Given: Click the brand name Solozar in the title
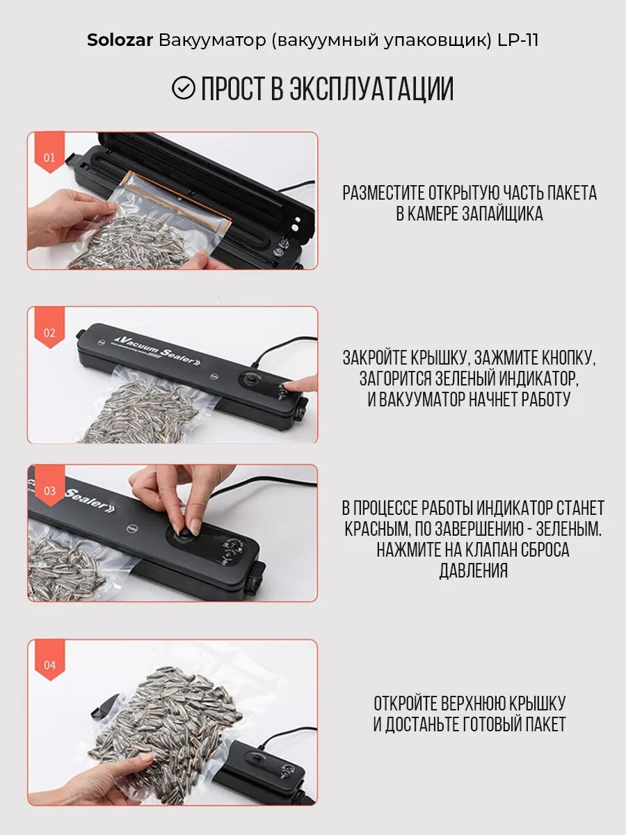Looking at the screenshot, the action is coord(120,40).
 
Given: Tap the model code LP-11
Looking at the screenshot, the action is coord(518,40).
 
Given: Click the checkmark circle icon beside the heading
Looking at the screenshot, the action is coord(183,88).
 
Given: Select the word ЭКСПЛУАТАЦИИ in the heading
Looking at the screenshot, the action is coord(371,88).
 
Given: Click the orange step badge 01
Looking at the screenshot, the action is coord(49,152).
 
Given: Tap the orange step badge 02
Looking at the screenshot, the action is coord(49,328).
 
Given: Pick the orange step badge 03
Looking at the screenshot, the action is coord(49,486).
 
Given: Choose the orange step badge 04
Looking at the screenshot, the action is coord(49,660).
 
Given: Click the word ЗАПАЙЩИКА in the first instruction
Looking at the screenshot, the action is coord(502,214).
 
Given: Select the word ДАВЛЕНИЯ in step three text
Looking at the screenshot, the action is coord(473,571).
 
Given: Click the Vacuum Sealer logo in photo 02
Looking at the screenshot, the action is coord(157,349).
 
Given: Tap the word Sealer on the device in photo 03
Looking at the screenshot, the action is coord(90,499).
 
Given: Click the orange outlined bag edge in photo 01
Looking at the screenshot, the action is coord(179,201).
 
